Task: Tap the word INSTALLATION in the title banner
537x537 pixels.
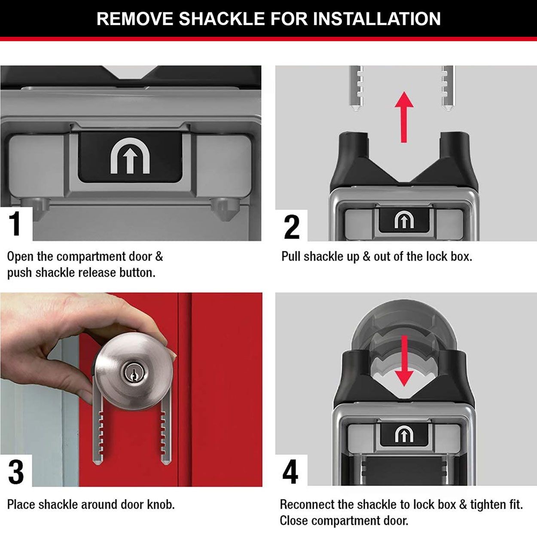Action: [x=377, y=19]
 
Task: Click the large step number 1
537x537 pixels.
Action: [x=15, y=224]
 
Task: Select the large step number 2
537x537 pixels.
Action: [x=292, y=227]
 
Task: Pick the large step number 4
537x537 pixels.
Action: [x=290, y=472]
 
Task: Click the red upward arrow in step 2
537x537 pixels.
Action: [x=404, y=116]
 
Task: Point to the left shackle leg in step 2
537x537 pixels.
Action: [x=357, y=88]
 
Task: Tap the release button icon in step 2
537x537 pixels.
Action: [x=404, y=221]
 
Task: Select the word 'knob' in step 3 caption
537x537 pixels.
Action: [x=161, y=504]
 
